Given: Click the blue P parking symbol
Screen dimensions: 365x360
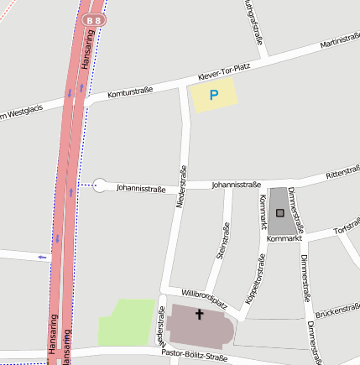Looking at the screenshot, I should pos(213,96).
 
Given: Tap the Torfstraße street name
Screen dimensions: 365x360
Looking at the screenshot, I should pos(347,228).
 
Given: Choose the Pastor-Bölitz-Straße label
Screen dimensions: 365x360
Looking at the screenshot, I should pos(194,357).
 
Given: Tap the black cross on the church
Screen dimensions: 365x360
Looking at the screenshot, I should pos(199,315).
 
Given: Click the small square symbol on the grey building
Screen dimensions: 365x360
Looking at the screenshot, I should pos(280,213).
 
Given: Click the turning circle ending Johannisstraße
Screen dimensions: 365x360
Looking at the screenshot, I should pos(101,185).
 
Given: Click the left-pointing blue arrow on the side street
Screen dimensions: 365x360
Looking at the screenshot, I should pos(42,257).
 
